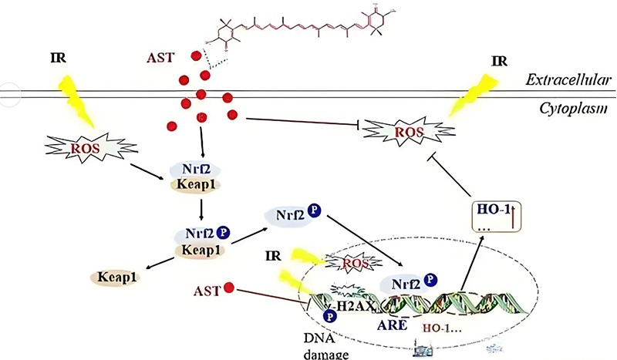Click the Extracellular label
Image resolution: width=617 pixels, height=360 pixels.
point(569,79)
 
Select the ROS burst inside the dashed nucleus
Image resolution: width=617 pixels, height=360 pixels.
point(346,264)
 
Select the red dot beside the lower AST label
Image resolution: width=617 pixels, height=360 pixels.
point(228,291)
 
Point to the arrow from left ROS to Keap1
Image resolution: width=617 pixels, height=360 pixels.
point(142,161)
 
